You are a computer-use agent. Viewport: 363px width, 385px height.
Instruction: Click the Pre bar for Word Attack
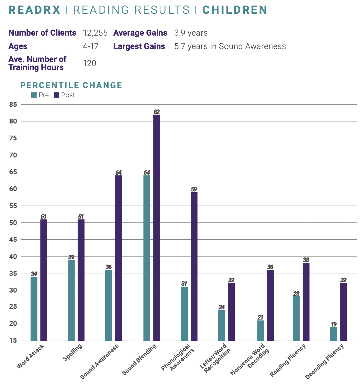[34, 309]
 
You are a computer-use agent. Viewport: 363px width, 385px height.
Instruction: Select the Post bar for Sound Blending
[157, 228]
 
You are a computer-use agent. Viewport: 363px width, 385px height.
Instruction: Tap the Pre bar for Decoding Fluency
[334, 334]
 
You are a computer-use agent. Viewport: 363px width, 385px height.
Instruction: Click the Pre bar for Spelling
[71, 300]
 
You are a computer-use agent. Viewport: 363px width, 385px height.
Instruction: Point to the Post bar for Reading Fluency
[306, 302]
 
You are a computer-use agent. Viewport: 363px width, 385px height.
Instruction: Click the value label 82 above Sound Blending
[157, 112]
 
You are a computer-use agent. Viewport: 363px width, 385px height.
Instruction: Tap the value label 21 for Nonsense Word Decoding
[260, 317]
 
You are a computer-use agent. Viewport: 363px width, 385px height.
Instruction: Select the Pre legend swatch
[34, 95]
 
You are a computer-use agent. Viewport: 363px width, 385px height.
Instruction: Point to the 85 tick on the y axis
[13, 104]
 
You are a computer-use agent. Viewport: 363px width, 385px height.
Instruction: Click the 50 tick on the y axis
[13, 223]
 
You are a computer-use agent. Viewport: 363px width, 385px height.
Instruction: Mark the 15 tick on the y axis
[13, 341]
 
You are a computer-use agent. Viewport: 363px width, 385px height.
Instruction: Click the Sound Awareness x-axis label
[100, 361]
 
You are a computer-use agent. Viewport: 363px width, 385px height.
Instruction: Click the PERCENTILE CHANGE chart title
[71, 85]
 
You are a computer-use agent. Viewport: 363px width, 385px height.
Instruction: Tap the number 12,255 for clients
[95, 33]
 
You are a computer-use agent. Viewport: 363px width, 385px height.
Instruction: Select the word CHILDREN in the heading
[235, 10]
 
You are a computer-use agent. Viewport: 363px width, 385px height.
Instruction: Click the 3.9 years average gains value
[191, 33]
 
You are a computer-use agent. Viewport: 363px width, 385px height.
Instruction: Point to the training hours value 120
[89, 63]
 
